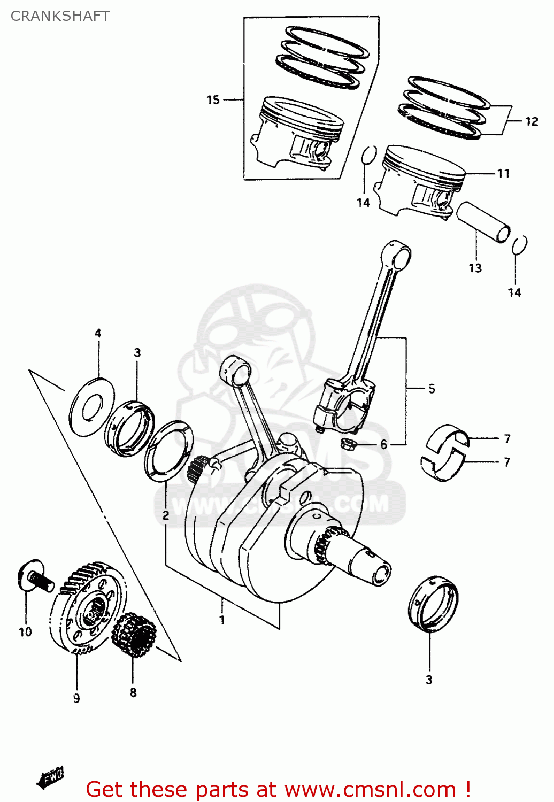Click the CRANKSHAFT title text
(60, 16)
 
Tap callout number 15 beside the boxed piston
(213, 100)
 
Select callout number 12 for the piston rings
(531, 122)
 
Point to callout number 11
(503, 174)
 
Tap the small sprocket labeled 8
(134, 636)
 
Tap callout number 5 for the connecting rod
(432, 389)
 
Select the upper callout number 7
(507, 439)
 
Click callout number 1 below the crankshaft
(222, 620)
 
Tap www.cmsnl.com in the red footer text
(370, 790)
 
